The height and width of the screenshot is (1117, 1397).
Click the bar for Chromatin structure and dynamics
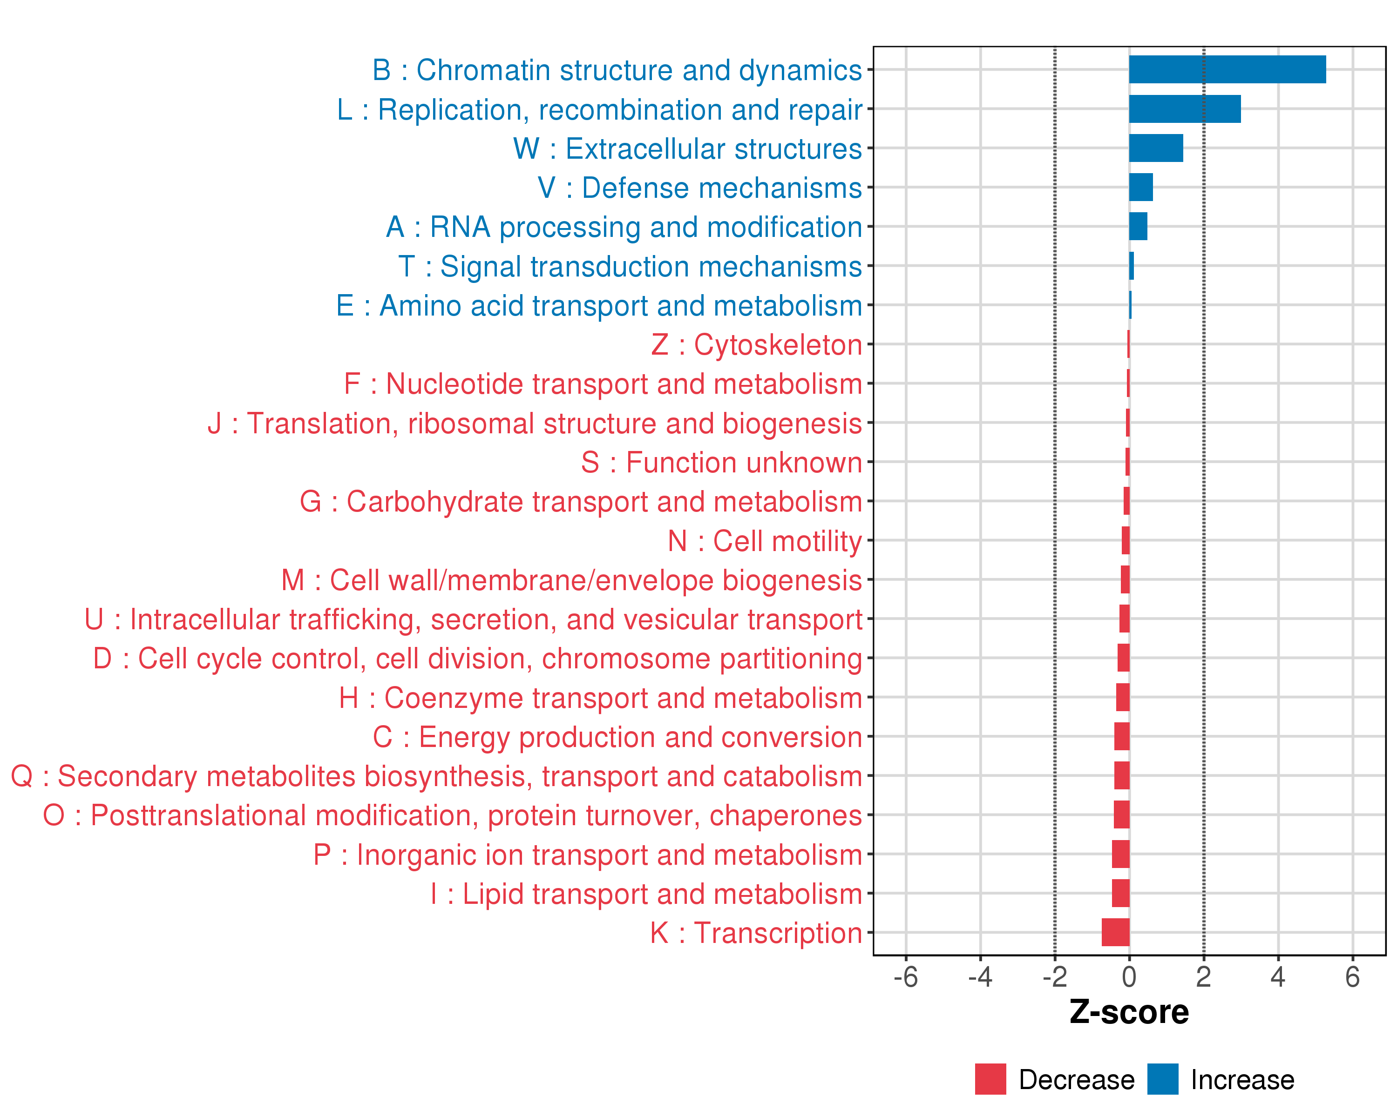1227,69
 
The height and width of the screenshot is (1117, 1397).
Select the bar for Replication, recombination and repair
1185,109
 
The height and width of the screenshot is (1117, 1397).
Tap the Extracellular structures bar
1156,148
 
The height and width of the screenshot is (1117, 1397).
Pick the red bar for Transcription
1116,932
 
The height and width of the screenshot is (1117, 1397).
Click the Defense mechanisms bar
1141,187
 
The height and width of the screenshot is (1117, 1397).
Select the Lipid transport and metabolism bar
1121,893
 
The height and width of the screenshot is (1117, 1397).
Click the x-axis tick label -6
905,977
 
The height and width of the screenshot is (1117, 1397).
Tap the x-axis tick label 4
1278,977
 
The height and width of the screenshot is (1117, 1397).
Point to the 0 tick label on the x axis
1129,977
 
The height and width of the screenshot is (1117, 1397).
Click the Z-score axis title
1129,1012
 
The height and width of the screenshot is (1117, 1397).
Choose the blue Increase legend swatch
1162,1079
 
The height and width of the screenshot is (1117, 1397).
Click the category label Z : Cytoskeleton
756,344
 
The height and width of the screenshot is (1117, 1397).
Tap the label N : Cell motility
765,541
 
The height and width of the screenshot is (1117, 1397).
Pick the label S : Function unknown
721,462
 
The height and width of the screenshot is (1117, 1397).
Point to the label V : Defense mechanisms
700,188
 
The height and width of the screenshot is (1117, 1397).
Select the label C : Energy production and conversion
617,737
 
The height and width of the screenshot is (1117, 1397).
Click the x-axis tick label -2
1054,977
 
